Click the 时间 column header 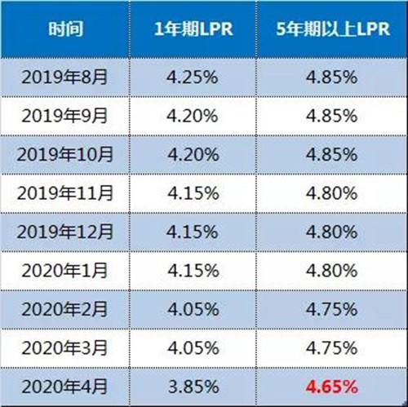pos(65,29)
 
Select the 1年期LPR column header pos(193,29)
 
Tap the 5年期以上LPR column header pos(333,29)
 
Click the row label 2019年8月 pos(64,77)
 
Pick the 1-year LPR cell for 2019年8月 pos(193,77)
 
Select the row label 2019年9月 pos(64,116)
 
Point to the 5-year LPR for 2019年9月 pos(332,116)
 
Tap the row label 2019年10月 pos(64,154)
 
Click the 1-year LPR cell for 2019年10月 pos(193,155)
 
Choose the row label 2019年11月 pos(64,193)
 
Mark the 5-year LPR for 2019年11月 pos(332,193)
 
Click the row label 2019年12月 pos(64,232)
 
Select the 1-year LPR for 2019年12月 pos(193,232)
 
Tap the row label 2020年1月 pos(64,271)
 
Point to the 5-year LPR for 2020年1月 pos(332,271)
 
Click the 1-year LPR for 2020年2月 pos(193,310)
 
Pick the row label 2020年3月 pos(64,348)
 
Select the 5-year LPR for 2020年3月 pos(332,348)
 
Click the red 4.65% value pos(332,387)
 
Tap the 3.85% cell pos(193,387)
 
